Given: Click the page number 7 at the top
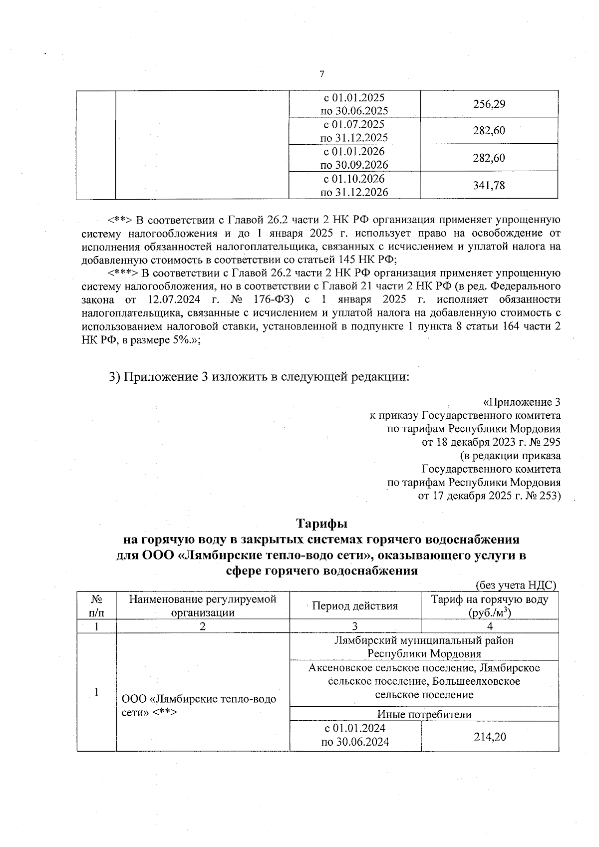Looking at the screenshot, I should [321, 74].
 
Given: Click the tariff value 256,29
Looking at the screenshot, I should [489, 104].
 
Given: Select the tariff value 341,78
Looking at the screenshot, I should [489, 186].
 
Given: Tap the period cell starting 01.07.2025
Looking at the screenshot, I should [354, 131].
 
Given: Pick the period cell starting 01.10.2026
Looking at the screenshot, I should [354, 185].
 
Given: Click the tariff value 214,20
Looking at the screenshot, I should [489, 736].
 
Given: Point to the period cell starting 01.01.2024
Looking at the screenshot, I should [355, 735].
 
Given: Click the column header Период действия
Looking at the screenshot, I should [355, 606].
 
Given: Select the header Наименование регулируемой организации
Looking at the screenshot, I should [203, 605].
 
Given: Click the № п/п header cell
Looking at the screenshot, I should [96, 605].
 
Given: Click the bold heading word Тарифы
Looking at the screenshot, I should [322, 524].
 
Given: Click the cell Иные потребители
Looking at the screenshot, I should [424, 714].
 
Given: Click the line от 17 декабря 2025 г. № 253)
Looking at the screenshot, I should [489, 496].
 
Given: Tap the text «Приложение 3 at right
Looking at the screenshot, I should [522, 402].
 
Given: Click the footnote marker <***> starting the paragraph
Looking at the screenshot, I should [123, 273].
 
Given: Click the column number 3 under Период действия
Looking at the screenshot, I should [355, 626].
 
